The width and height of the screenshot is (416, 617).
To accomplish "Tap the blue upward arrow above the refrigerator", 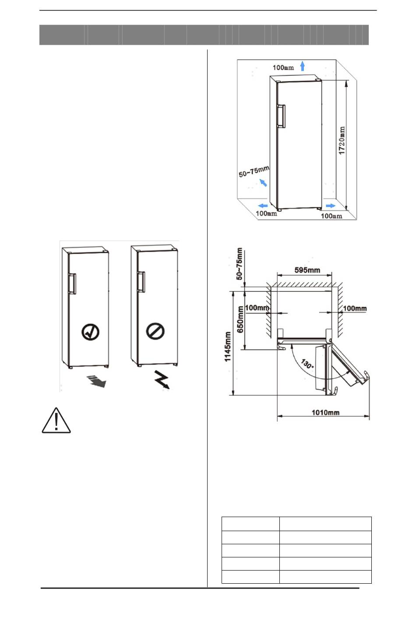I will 302,66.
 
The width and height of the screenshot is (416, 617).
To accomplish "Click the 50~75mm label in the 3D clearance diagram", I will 254,171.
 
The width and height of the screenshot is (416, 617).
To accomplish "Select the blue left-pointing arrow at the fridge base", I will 263,205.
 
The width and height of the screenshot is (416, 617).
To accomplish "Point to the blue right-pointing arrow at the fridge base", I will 331,206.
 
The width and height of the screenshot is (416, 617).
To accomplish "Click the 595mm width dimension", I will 307,270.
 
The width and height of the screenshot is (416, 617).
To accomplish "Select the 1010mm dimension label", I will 325,412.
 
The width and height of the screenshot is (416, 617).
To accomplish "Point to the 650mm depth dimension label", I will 240,319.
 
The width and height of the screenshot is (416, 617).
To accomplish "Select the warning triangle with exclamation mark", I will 56,421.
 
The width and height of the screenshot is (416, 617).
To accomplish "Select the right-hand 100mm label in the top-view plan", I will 355,308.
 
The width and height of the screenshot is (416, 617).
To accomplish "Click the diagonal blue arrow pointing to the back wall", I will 263,182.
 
